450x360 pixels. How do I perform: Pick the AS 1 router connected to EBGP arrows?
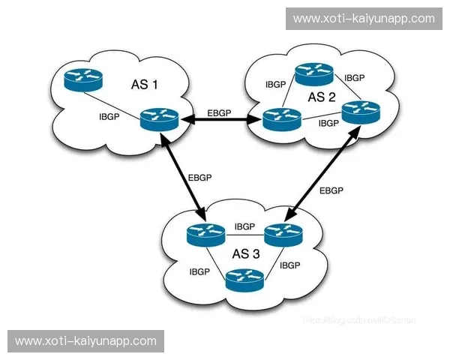coord(159,119)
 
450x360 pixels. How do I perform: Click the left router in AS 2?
coord(282,118)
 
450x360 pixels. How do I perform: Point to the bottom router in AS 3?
coord(244,280)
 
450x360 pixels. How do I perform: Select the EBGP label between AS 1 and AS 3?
coord(200,178)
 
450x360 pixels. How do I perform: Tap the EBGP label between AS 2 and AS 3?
coord(331,190)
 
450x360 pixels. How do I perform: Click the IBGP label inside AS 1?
coord(110,117)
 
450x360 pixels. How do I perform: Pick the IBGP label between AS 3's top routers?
coord(245,226)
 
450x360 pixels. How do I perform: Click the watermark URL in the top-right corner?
coord(364,18)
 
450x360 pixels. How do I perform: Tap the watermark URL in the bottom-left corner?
coord(85,340)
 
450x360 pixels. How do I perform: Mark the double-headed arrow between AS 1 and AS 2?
coord(220,120)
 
